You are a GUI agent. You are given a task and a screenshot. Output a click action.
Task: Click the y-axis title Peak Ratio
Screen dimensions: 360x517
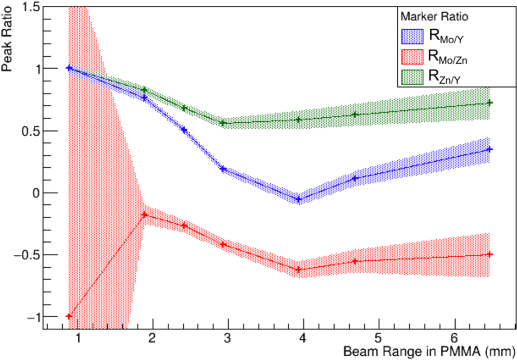point(8,41)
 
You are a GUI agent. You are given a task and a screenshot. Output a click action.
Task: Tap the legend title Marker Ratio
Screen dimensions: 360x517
point(433,17)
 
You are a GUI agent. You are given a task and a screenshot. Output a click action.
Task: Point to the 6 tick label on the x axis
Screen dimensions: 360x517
point(454,340)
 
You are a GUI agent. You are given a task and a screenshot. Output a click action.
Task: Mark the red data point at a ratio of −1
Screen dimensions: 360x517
point(69,316)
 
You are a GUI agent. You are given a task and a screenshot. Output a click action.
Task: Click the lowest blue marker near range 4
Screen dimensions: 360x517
point(298,200)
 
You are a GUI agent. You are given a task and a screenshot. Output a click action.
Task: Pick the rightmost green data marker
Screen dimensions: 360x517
point(490,103)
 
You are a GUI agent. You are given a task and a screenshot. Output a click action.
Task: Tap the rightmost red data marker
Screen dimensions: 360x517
point(490,255)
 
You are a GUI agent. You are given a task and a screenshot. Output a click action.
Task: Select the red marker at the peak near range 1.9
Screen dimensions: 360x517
point(144,215)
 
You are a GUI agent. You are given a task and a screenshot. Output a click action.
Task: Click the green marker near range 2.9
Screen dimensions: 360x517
point(223,123)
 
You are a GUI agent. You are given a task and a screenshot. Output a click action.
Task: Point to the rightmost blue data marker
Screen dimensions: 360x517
point(490,149)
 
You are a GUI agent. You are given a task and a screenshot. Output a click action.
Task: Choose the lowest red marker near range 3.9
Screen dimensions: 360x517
point(298,270)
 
